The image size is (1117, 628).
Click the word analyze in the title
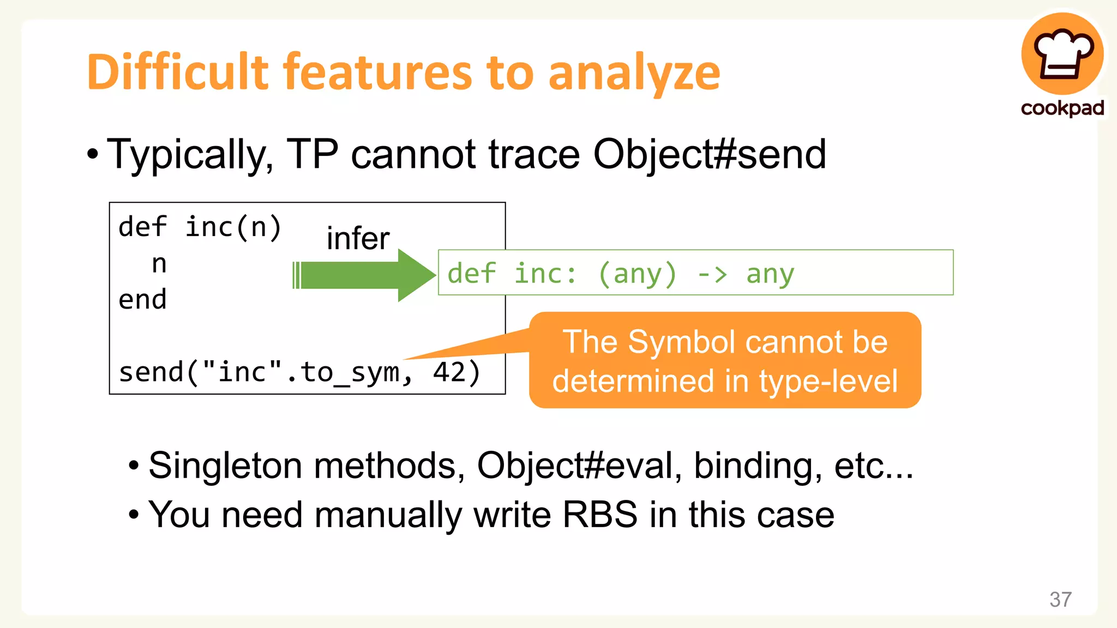pyautogui.click(x=634, y=75)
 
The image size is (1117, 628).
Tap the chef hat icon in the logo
pyautogui.click(x=1062, y=55)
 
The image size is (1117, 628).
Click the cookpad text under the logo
pyautogui.click(x=1062, y=108)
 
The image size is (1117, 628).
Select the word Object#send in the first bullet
pyautogui.click(x=710, y=155)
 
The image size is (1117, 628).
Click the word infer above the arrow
pyautogui.click(x=358, y=239)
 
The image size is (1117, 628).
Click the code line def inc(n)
pyautogui.click(x=200, y=227)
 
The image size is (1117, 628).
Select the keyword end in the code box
pyautogui.click(x=142, y=300)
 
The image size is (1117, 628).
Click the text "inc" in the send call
pyautogui.click(x=242, y=372)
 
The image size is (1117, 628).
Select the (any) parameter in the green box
pyautogui.click(x=637, y=274)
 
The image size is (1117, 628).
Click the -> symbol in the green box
pyautogui.click(x=712, y=274)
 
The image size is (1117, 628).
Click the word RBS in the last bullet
pyautogui.click(x=599, y=515)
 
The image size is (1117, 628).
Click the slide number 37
pyautogui.click(x=1060, y=600)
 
